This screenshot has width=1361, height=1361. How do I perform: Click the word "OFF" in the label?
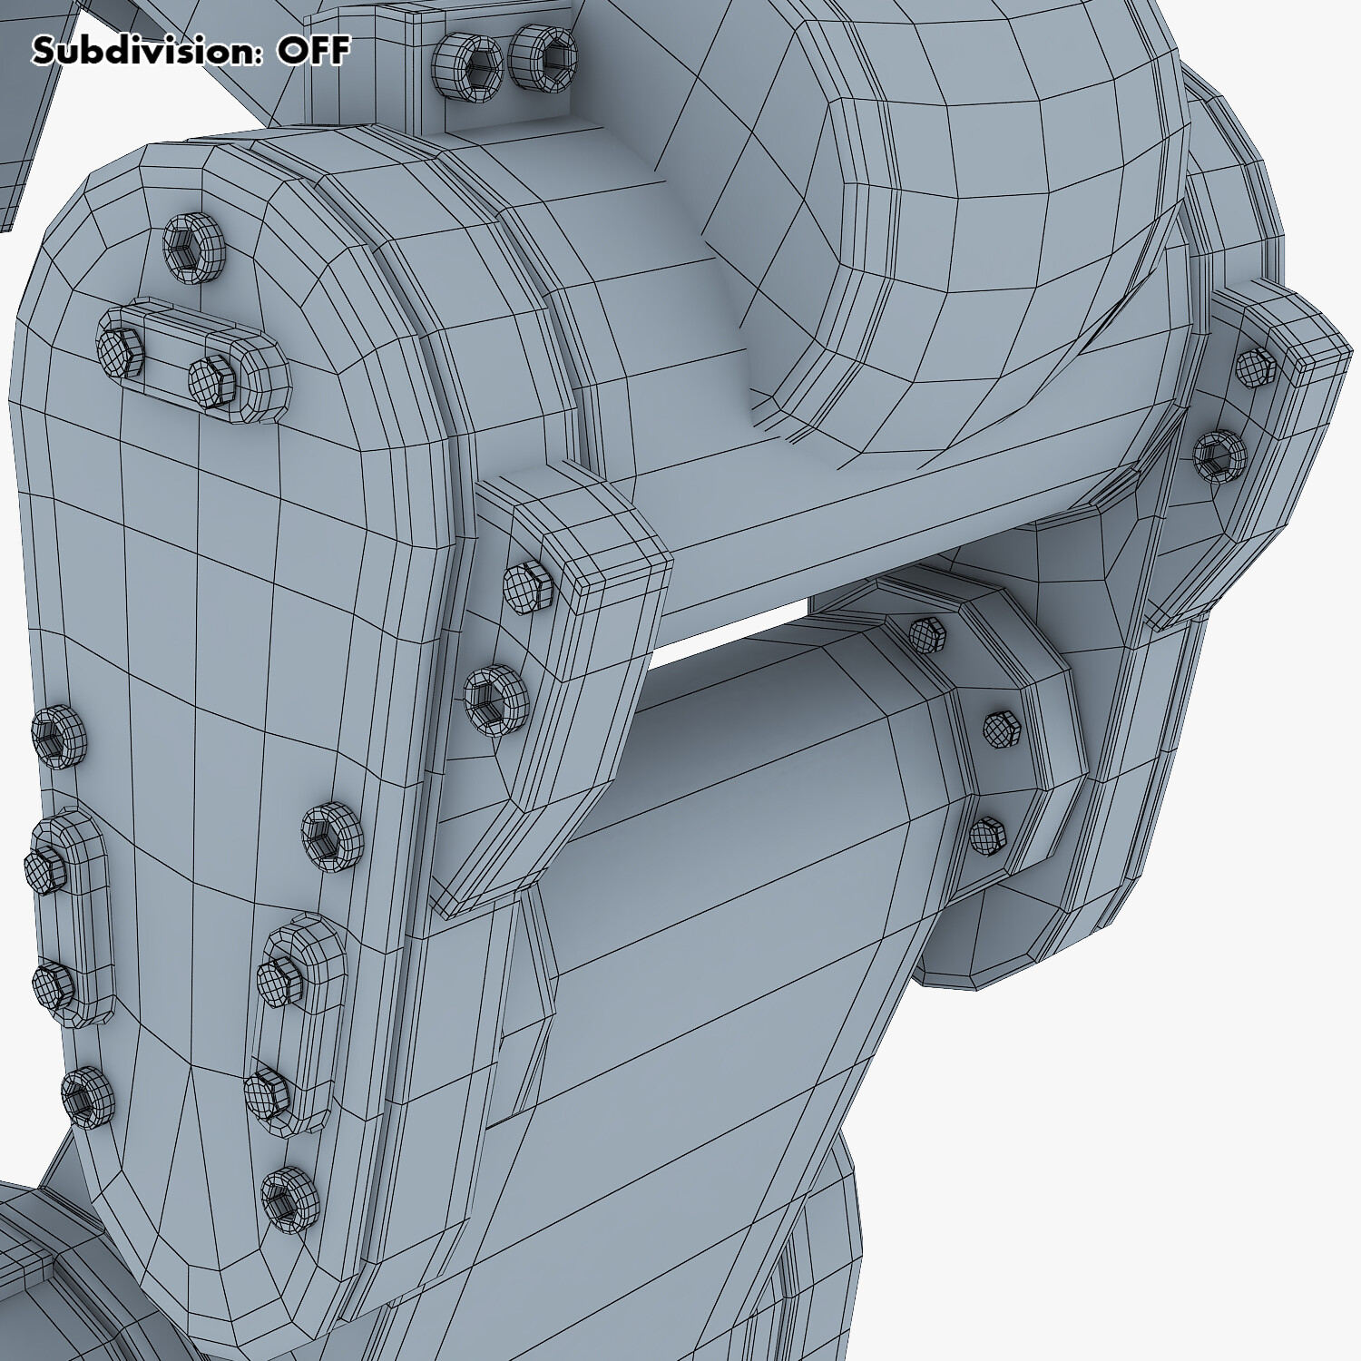tap(313, 51)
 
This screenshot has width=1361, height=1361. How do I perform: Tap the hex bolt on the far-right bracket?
tap(1256, 365)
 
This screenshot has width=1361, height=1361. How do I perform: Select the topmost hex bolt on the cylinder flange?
tap(926, 632)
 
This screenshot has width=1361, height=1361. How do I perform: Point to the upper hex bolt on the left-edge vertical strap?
tap(45, 872)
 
